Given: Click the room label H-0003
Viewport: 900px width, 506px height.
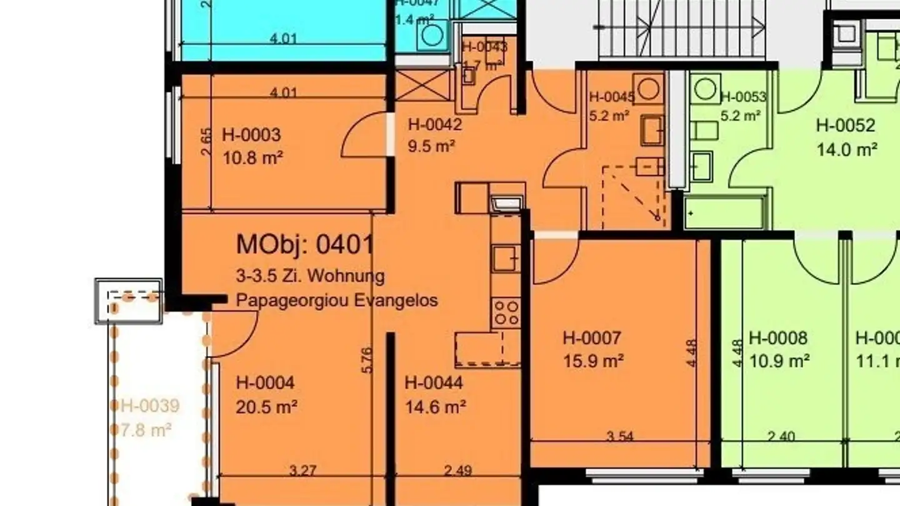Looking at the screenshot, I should click(x=251, y=135).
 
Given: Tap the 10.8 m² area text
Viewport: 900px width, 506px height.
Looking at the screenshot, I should click(x=252, y=157).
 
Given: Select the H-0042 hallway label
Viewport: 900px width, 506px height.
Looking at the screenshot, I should click(x=434, y=125).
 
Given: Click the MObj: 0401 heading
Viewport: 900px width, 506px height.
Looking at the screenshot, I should click(x=305, y=245).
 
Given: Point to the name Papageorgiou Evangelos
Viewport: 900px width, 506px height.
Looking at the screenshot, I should click(x=336, y=300).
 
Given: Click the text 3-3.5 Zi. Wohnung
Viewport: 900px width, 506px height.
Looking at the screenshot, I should click(x=310, y=275).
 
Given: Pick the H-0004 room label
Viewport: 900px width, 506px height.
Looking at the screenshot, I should click(x=265, y=383).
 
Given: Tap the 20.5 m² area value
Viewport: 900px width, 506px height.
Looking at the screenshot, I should click(x=266, y=407).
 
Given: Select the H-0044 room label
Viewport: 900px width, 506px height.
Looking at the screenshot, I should click(x=434, y=383).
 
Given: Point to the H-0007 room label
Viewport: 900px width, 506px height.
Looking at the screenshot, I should click(x=592, y=339).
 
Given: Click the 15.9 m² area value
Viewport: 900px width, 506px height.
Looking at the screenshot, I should click(x=593, y=361).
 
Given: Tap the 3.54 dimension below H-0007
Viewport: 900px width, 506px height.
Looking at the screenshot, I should click(x=620, y=437).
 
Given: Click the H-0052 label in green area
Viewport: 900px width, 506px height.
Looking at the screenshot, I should click(x=845, y=126).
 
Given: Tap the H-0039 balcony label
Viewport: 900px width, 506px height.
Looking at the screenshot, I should click(x=150, y=407).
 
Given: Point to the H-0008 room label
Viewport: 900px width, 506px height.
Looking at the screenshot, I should click(x=778, y=339).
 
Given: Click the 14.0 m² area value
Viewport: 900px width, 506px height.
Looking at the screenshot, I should click(x=847, y=150).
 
